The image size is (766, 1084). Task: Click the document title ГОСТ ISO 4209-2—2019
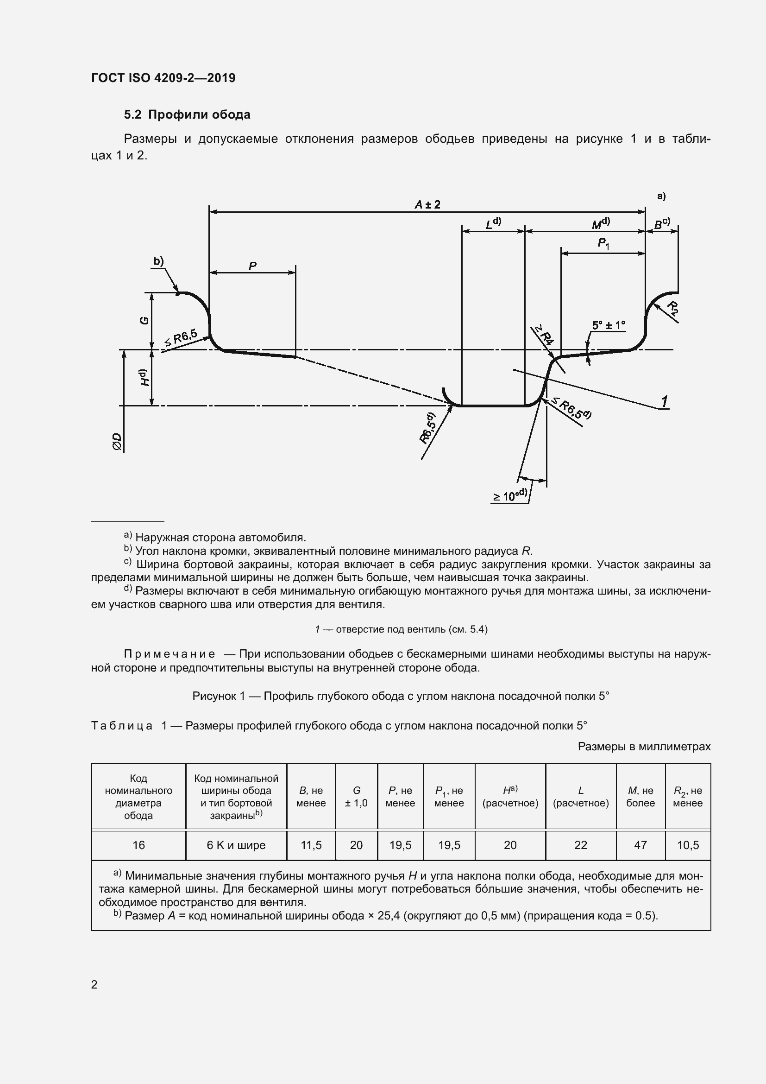click(163, 78)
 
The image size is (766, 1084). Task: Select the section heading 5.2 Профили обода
click(187, 115)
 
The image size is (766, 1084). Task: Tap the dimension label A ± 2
click(427, 204)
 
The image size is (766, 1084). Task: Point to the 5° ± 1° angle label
click(608, 325)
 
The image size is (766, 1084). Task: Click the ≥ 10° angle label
click(510, 496)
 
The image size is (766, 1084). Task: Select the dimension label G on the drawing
click(145, 321)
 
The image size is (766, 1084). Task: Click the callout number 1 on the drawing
click(664, 402)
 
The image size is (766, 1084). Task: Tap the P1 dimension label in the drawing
click(603, 244)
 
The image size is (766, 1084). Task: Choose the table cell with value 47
click(640, 845)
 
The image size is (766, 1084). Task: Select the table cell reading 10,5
click(688, 845)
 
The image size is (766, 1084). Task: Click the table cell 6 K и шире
click(236, 845)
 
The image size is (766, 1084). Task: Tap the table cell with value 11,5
click(311, 845)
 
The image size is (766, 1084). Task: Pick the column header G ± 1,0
click(356, 797)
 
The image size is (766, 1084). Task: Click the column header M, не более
click(640, 797)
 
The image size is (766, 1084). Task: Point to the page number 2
click(94, 985)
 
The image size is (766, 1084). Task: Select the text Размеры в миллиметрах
click(644, 747)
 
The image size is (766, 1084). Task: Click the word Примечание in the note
click(170, 654)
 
